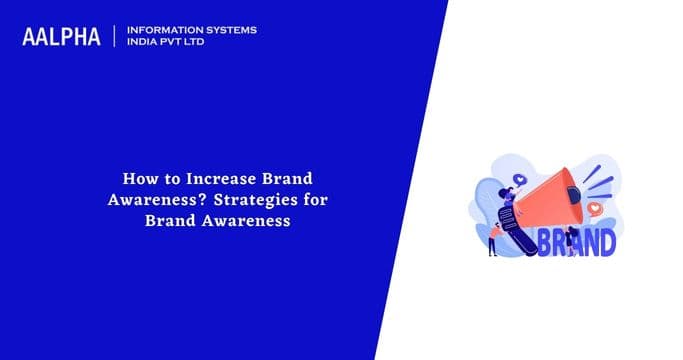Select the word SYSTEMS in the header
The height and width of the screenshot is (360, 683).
click(229, 30)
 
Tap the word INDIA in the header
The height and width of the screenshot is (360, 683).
click(145, 43)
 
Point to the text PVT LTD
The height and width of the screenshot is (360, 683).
click(188, 43)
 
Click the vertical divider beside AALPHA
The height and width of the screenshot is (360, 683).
click(116, 36)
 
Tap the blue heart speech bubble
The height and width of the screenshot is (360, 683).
click(521, 179)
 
